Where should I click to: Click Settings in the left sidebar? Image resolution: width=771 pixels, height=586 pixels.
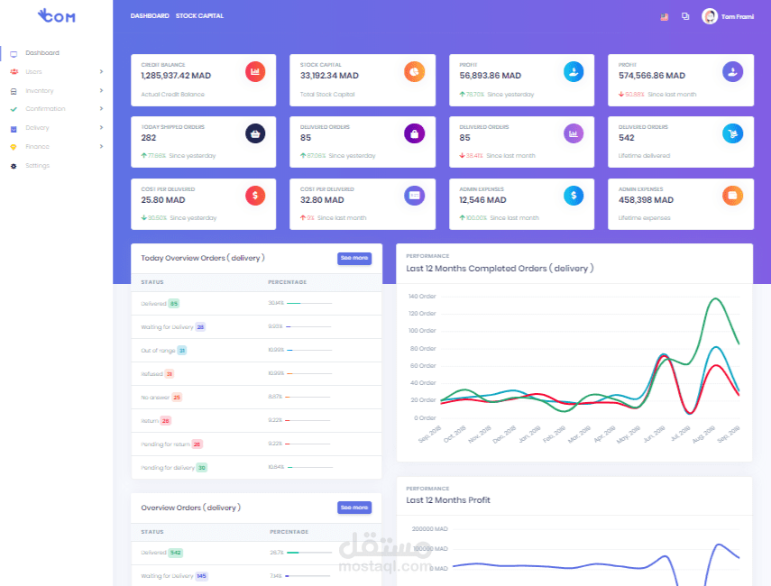tap(37, 166)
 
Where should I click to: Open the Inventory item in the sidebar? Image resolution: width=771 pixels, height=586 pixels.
tap(39, 91)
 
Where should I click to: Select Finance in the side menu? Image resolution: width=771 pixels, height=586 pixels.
tap(37, 147)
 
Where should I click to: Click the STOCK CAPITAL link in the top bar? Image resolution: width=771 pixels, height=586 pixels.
tap(199, 16)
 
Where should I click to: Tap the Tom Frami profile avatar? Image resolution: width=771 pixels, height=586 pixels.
tap(710, 16)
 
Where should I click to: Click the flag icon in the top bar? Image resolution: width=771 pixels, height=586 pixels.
tap(664, 16)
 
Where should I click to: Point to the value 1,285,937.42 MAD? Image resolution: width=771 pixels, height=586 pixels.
tap(176, 76)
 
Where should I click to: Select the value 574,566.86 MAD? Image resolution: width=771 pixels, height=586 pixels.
tap(651, 76)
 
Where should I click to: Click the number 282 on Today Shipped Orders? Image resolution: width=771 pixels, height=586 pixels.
tap(149, 138)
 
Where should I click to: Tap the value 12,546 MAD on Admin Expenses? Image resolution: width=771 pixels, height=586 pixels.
tap(482, 200)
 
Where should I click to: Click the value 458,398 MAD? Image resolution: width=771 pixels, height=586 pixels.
tap(646, 200)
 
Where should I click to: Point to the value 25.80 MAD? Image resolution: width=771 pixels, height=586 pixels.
tap(163, 200)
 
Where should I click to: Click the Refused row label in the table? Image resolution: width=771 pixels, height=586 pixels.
tap(151, 373)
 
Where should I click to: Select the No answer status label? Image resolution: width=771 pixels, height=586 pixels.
tap(154, 397)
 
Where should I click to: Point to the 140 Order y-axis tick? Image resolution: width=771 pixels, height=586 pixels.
tap(421, 296)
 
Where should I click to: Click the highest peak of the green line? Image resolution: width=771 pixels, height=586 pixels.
tap(717, 298)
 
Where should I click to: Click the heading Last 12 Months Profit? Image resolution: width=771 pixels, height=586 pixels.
tap(448, 499)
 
